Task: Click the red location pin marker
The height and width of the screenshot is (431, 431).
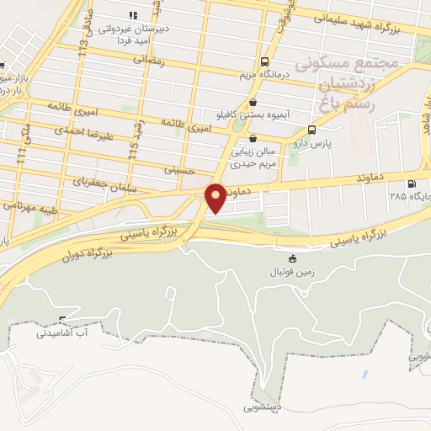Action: tap(215, 196)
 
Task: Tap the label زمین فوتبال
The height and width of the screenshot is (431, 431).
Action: tap(291, 273)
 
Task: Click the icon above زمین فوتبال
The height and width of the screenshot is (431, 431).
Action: tap(292, 258)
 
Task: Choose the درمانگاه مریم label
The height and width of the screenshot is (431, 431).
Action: tap(266, 74)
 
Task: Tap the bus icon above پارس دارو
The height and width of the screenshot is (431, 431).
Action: tap(312, 130)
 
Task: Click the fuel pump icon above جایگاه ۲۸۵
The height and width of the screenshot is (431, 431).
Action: tap(411, 184)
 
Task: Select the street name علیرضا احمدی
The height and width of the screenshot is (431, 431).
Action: tap(80, 130)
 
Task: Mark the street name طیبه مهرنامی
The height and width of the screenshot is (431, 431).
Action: tap(29, 205)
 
